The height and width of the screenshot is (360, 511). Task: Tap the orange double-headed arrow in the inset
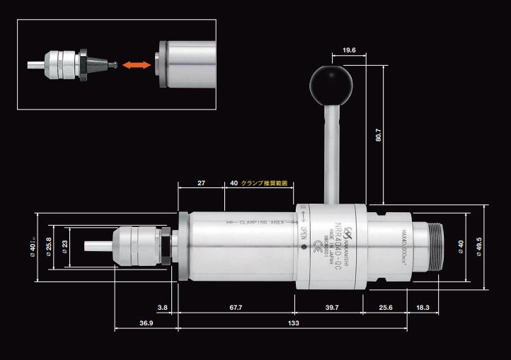point(136,65)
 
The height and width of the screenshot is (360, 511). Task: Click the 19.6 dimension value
point(348,51)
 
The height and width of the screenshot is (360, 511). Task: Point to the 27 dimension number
point(202,183)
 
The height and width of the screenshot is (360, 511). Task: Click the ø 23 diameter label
point(65,247)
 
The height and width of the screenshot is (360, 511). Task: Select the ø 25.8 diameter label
point(49,247)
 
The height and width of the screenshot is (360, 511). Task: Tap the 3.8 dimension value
point(163,308)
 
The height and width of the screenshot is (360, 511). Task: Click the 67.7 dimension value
point(236,308)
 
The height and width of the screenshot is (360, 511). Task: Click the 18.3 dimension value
point(423,308)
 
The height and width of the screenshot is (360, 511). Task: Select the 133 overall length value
point(292,323)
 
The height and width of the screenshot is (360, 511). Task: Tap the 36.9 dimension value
point(146,323)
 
